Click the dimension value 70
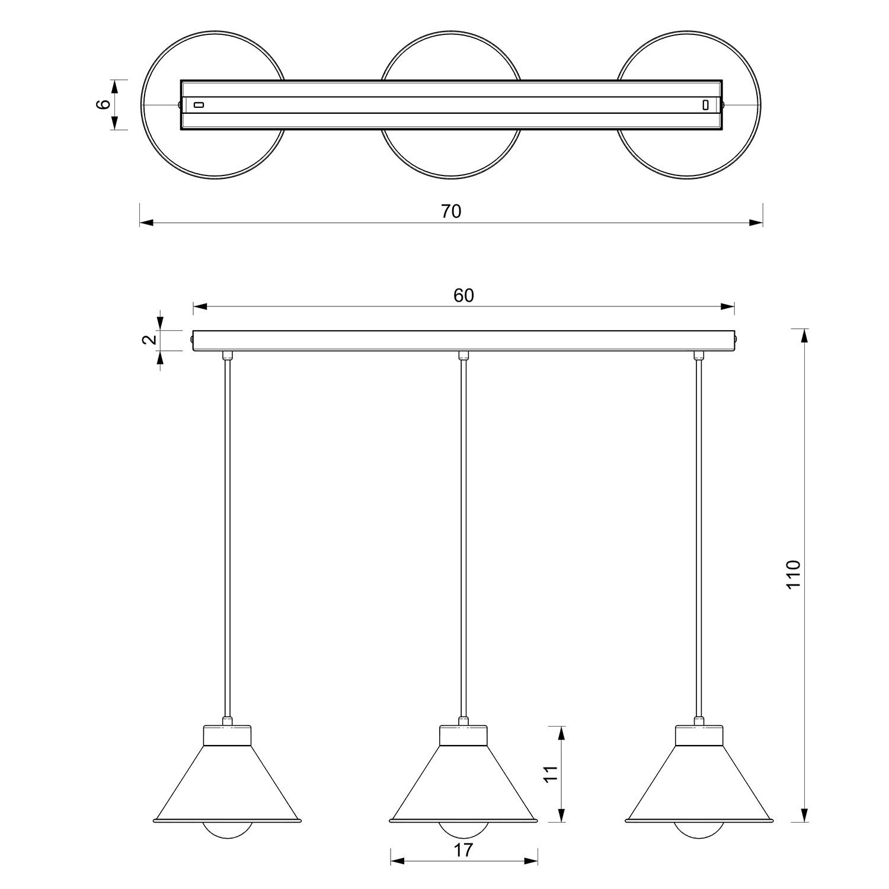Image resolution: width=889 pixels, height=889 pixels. (451, 211)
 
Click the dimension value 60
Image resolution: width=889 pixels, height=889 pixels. (464, 295)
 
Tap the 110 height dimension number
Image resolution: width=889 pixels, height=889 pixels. (793, 574)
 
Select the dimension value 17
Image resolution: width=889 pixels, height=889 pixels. (464, 850)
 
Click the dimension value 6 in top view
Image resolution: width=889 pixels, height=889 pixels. (104, 104)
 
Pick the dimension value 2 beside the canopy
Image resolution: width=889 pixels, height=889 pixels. (150, 340)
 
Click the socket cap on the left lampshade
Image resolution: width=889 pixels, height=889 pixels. (228, 735)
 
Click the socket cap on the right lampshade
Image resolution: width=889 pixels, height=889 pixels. (700, 735)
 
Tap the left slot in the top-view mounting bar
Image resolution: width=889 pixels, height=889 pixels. (199, 105)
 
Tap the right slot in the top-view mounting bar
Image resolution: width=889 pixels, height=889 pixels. (705, 105)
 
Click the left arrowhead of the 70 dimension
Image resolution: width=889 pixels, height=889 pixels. (146, 223)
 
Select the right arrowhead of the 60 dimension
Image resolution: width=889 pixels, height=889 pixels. (727, 306)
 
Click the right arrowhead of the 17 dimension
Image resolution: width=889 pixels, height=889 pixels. (531, 861)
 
